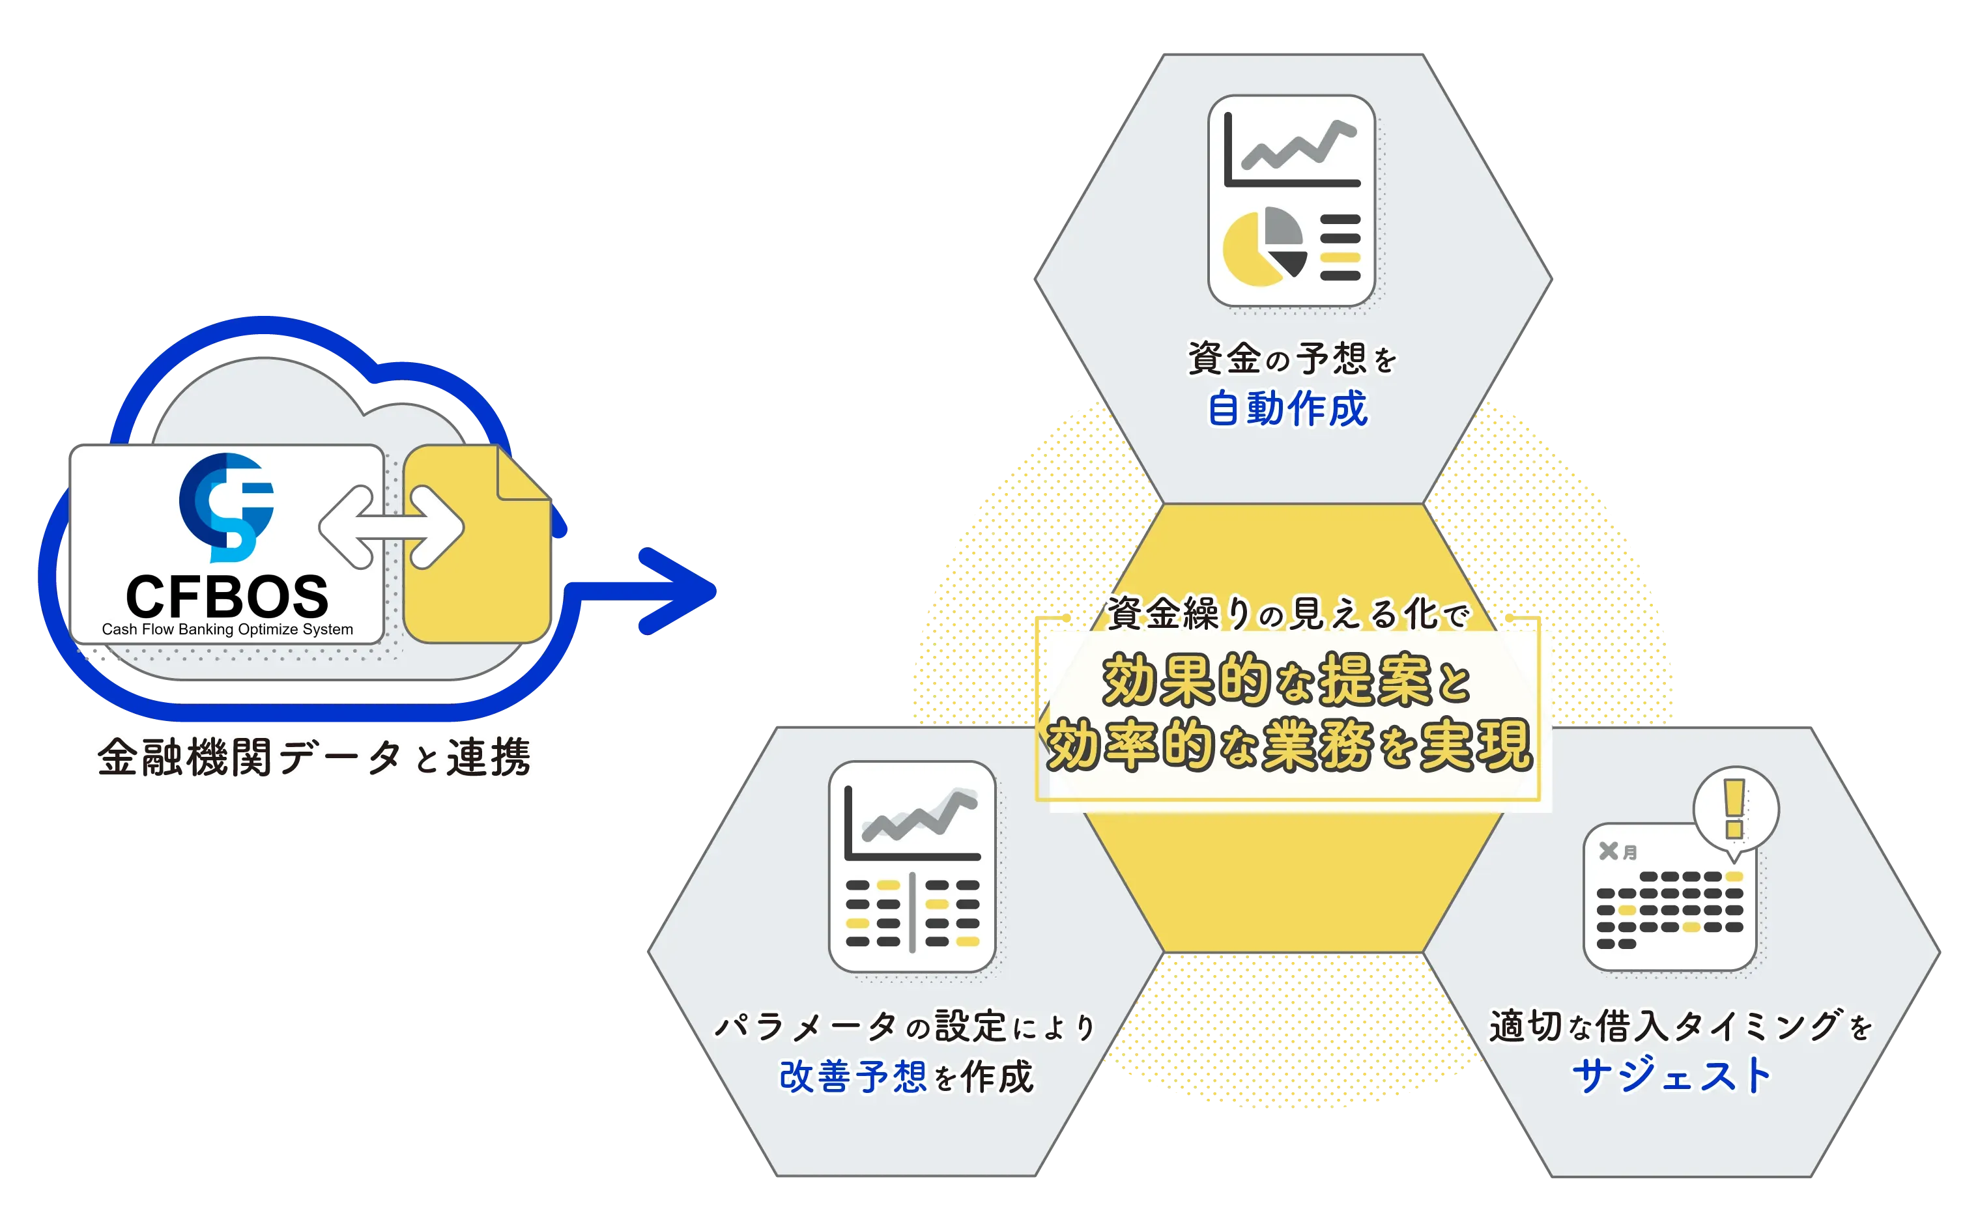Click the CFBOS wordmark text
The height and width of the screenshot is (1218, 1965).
(227, 597)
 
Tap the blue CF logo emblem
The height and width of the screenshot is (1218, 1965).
(227, 507)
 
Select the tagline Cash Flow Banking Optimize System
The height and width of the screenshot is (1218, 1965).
(227, 629)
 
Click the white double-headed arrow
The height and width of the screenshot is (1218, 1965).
(392, 527)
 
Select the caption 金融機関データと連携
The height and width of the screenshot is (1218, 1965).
(314, 758)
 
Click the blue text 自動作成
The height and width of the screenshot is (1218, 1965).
(1287, 408)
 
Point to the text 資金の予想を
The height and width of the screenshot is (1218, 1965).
(1291, 358)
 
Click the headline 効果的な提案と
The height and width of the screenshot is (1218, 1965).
(1287, 681)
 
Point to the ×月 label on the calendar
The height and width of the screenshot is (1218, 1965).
(1618, 851)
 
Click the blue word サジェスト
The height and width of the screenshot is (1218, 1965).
(1672, 1075)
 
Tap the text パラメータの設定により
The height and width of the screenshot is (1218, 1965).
(905, 1027)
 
